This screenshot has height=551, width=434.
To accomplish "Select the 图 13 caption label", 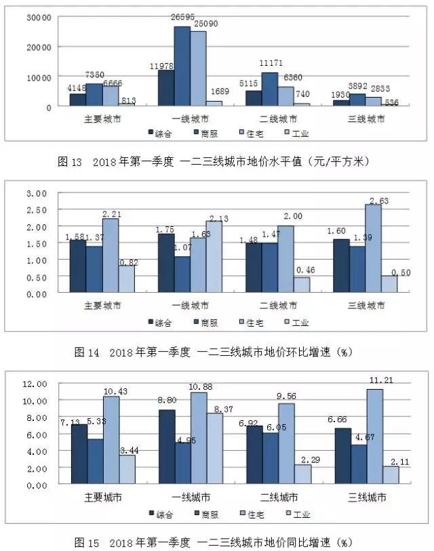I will [71, 162].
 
